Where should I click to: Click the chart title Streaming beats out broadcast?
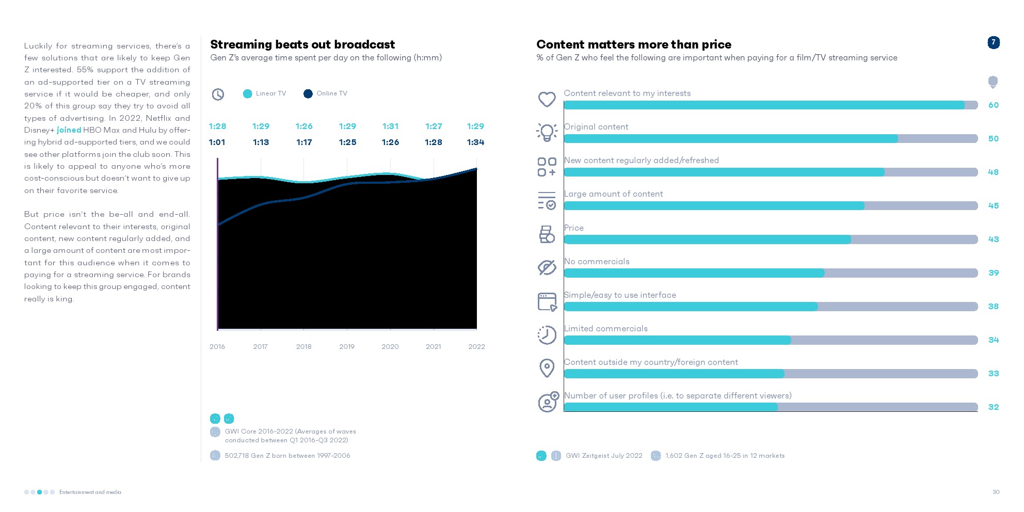[302, 44]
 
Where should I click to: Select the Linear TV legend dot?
[248, 93]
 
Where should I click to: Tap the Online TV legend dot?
[308, 93]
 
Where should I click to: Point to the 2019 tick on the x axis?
[347, 346]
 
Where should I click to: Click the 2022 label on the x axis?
[476, 346]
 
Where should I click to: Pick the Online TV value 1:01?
[217, 142]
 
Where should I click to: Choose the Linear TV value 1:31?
[390, 126]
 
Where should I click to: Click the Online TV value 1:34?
[475, 142]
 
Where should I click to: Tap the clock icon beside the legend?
[218, 94]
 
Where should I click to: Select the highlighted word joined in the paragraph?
[69, 130]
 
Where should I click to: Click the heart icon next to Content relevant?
[547, 99]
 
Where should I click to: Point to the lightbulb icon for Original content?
[547, 132]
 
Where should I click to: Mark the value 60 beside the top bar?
[994, 105]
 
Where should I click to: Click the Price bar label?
[574, 228]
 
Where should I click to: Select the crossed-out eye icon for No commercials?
[547, 267]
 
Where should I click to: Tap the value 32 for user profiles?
[994, 407]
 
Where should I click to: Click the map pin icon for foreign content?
[547, 368]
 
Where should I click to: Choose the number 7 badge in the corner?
[994, 42]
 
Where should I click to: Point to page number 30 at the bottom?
[996, 492]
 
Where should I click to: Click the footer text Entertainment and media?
[90, 492]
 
